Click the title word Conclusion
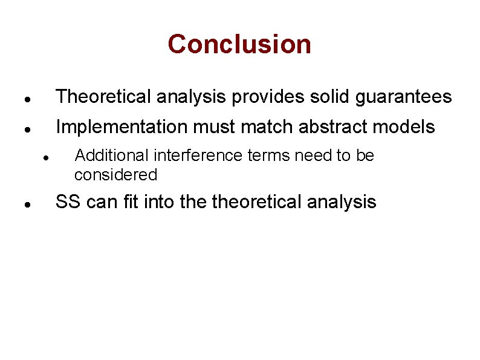[239, 44]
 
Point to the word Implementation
[122, 127]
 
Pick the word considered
[115, 175]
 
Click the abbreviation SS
[68, 202]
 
